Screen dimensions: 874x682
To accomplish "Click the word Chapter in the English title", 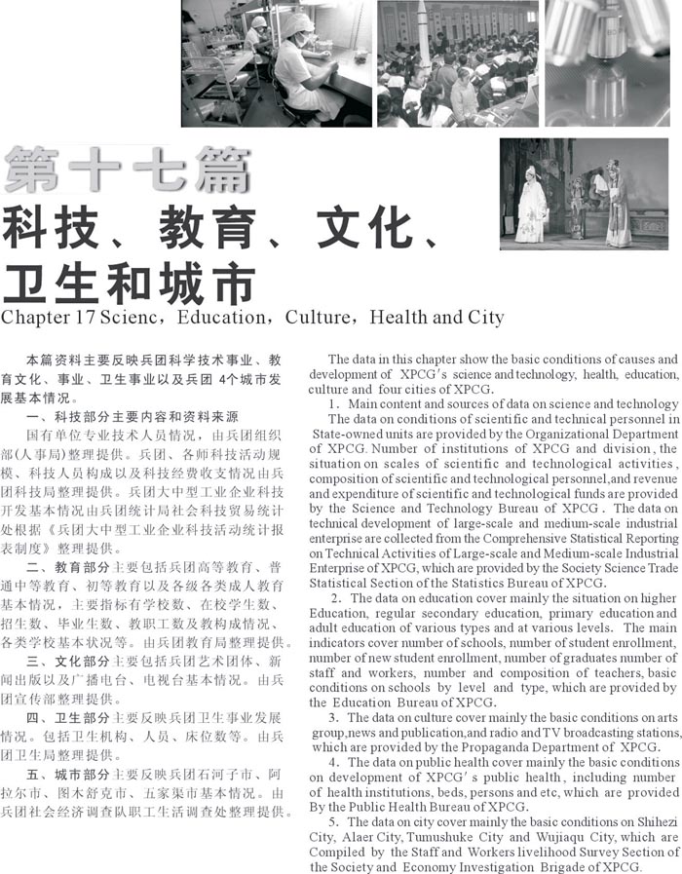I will [31, 319].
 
